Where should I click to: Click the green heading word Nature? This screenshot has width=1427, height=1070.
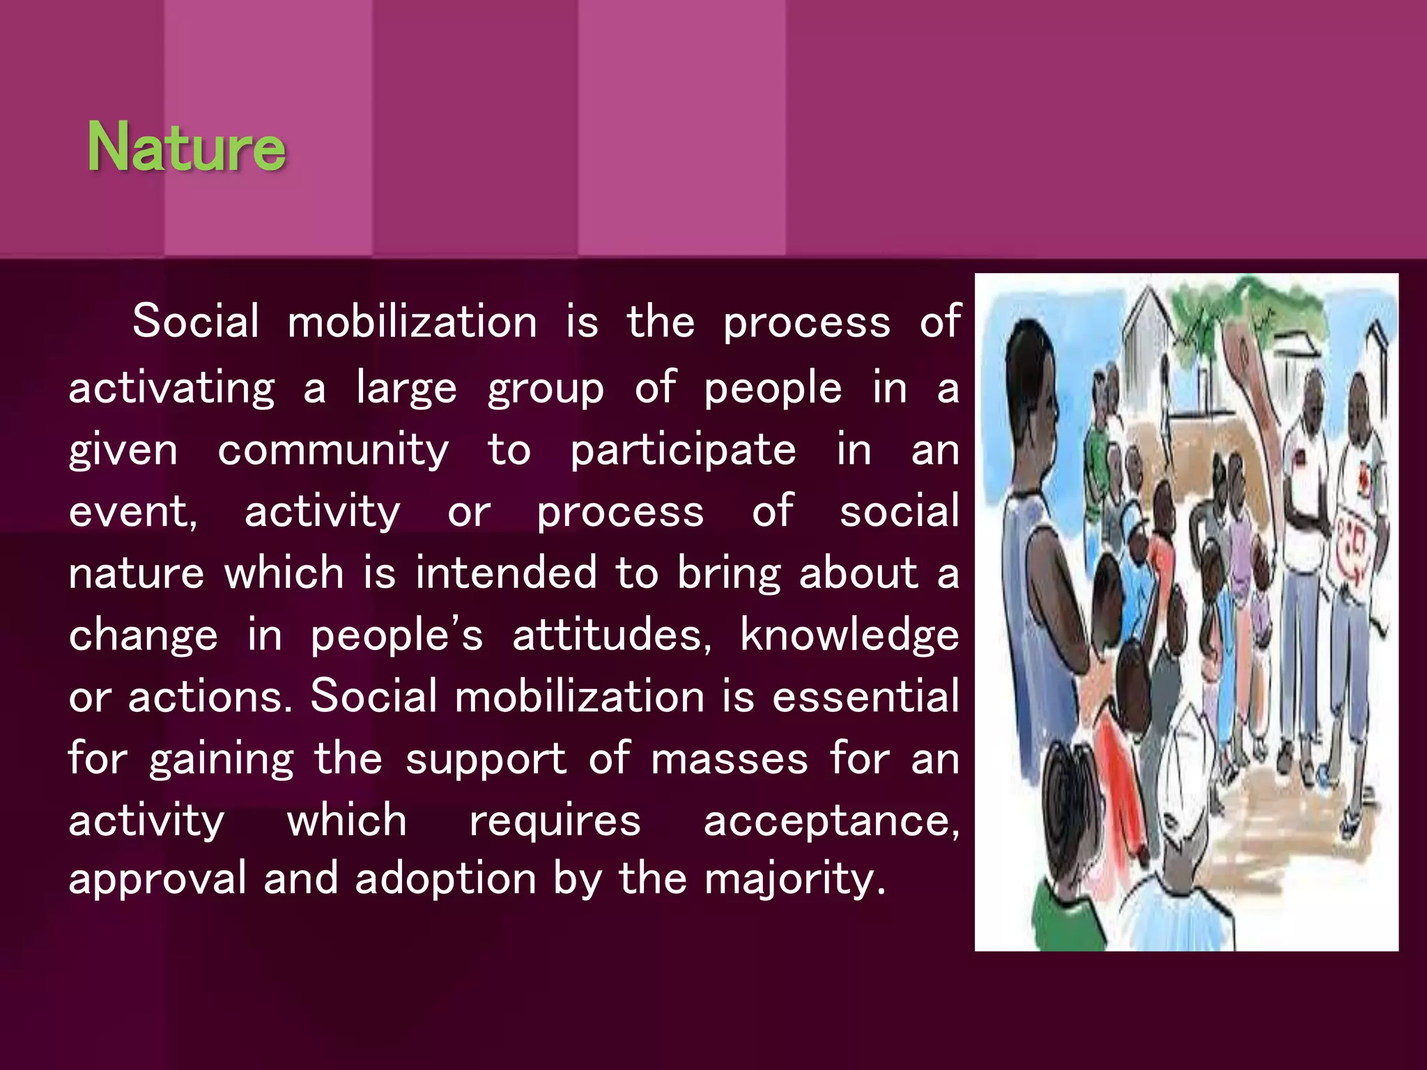186,146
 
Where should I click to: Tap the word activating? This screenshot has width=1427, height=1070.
171,389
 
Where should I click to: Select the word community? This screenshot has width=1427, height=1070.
333,451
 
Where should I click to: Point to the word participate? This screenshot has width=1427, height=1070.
683,451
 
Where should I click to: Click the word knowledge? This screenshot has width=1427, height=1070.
849,635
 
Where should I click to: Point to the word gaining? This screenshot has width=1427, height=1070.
221,759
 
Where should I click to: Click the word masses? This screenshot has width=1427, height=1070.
729,758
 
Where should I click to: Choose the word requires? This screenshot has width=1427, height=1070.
555,821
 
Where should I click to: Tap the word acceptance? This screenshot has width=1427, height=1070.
831,821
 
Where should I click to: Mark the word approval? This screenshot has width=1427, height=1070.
157,879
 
